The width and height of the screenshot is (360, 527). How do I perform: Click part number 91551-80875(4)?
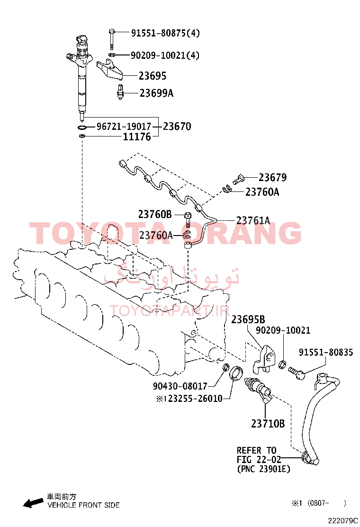pos(165,33)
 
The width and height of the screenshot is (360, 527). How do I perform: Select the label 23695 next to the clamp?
pos(153,76)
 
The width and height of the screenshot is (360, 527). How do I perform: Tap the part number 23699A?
pos(156,93)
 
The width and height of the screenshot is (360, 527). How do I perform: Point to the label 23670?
pos(177,127)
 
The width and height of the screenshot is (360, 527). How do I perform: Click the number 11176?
pos(137,137)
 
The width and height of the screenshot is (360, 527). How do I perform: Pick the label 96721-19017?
pos(124,127)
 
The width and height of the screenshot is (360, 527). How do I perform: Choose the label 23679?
pos(273,177)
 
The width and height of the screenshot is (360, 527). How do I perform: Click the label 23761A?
pos(253,220)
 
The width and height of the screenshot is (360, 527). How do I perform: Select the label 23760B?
pos(155,214)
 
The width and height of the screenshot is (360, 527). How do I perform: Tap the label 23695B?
pos(248,319)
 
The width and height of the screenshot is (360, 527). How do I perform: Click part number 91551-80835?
pos(326,352)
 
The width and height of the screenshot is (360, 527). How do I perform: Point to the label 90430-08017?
pos(180,386)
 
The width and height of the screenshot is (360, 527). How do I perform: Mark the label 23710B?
pos(268,424)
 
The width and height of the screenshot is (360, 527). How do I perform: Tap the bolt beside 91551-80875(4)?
pos(111,39)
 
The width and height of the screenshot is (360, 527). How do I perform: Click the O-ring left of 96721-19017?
pos(81,127)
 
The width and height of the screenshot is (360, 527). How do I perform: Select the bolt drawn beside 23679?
pos(238,179)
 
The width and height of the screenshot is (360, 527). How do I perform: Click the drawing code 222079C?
pos(343,521)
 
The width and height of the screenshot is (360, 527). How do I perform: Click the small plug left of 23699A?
pos(120,92)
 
